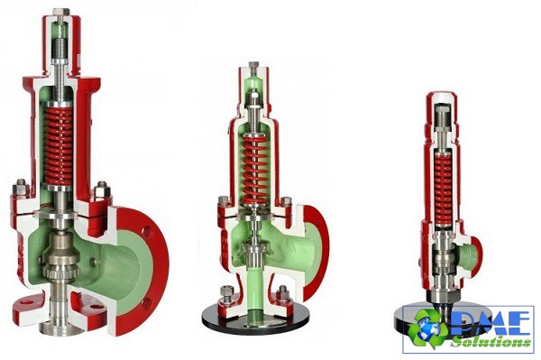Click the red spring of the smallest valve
point(443,190)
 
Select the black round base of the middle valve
point(255,320)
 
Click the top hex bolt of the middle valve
point(253,65)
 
